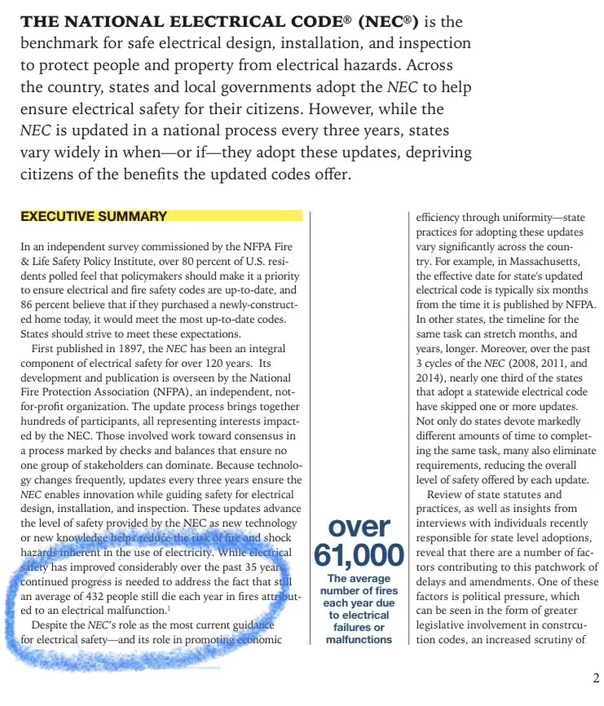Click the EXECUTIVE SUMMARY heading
coord(94,217)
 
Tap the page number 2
coord(596,677)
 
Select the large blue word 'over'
coord(359,527)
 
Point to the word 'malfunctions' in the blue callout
coord(359,640)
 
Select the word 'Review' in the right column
coord(444,494)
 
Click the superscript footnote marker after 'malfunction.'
coord(169,608)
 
